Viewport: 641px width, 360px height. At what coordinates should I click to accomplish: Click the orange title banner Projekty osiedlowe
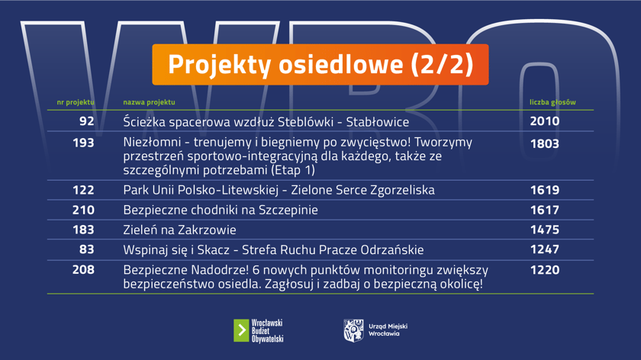click(x=320, y=64)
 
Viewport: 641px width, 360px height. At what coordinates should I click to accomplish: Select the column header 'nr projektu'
click(x=76, y=102)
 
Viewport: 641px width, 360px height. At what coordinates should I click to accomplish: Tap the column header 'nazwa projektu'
click(x=149, y=102)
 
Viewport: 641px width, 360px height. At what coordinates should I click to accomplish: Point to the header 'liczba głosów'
click(x=552, y=102)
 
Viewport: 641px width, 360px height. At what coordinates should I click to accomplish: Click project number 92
click(x=86, y=121)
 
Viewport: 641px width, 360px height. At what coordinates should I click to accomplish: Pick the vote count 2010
click(x=545, y=121)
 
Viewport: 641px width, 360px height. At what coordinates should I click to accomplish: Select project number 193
click(x=83, y=143)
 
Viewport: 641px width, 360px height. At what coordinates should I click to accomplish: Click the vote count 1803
click(x=545, y=143)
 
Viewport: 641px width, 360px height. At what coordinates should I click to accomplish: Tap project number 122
click(x=83, y=190)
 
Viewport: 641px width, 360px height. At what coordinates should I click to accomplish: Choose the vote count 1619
click(x=545, y=190)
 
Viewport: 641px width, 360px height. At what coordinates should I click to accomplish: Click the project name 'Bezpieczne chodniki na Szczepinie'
click(x=221, y=210)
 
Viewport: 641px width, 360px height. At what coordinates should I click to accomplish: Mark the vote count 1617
click(x=545, y=210)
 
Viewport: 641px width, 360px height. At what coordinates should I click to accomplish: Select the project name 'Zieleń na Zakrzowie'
click(x=179, y=230)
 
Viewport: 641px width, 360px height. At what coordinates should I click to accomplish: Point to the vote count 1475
click(x=545, y=230)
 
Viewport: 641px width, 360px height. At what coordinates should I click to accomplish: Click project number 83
click(x=86, y=249)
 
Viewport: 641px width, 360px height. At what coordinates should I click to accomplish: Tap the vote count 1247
click(x=545, y=249)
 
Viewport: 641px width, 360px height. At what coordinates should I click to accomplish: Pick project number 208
click(x=83, y=270)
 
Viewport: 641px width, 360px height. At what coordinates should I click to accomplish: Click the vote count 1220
click(x=545, y=270)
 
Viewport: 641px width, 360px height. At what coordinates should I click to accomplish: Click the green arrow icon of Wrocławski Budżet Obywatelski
click(x=241, y=330)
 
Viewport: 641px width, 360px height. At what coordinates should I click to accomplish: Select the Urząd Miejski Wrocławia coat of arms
click(x=353, y=330)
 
